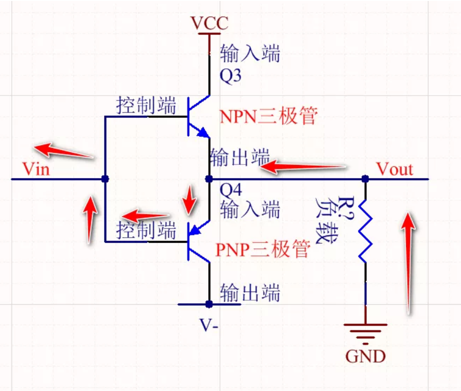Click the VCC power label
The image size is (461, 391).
coord(209,23)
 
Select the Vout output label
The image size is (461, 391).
coord(395,169)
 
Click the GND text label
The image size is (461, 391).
coord(365,357)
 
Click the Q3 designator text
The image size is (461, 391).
coord(230,77)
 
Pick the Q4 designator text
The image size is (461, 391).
coord(230,190)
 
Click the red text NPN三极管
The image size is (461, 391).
coord(269,116)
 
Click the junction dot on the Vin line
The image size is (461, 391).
coord(105,179)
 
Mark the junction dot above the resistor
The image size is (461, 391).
coord(365,179)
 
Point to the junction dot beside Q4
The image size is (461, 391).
coord(209,179)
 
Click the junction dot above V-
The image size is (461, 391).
coord(209,304)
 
